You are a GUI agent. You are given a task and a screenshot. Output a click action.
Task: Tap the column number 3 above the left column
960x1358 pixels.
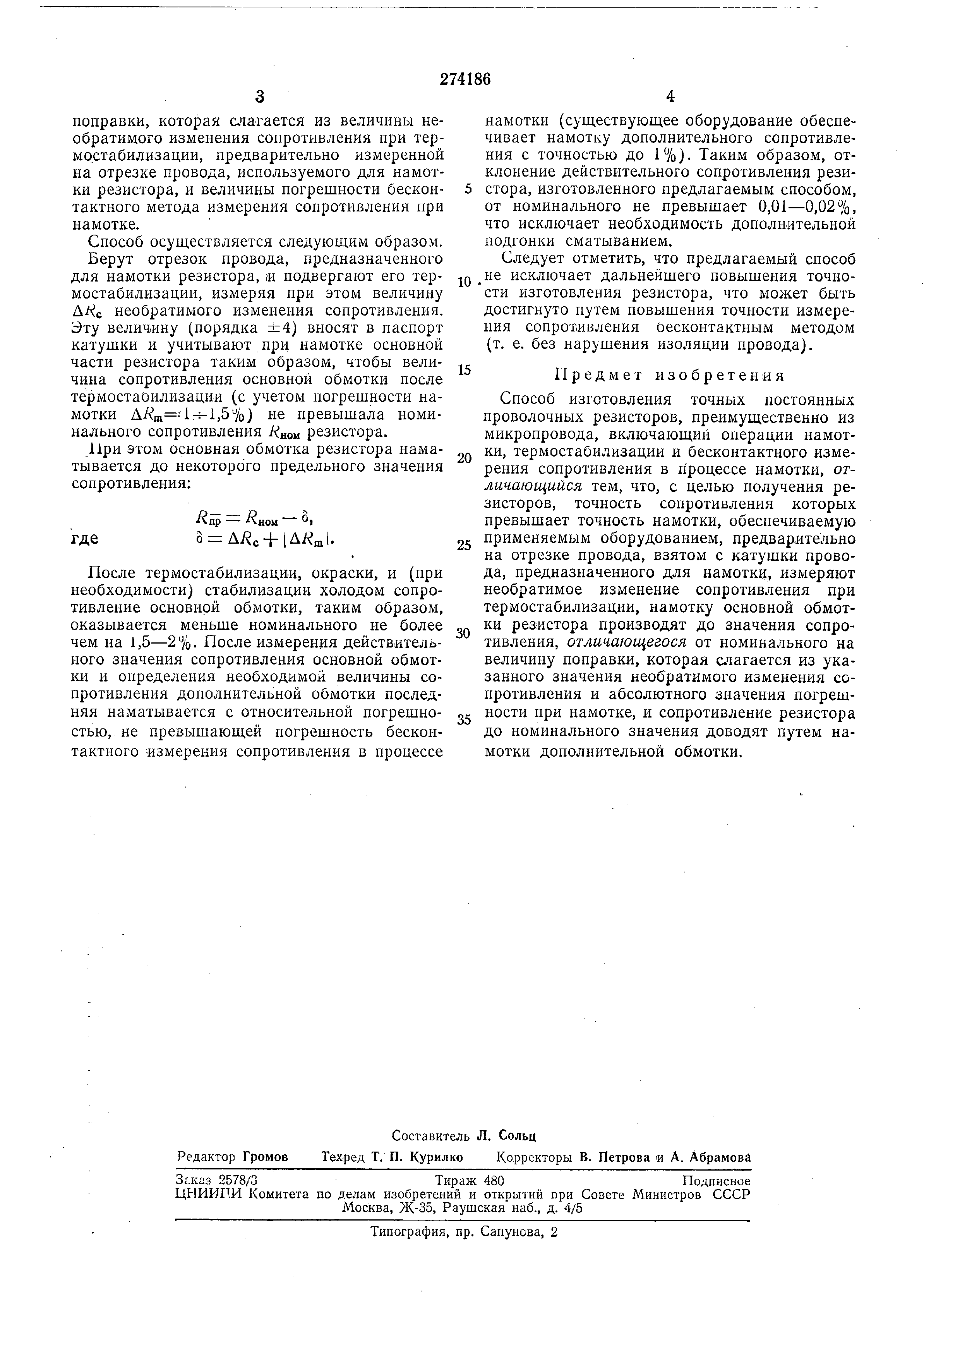coord(259,97)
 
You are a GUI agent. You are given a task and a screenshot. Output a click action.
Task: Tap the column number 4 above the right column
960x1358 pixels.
coord(669,96)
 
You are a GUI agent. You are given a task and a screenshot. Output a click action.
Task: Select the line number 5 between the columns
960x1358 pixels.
coord(468,189)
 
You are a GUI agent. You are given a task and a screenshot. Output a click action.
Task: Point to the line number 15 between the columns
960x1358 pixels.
coord(465,370)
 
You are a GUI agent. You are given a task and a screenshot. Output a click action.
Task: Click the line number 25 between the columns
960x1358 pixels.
coord(464,545)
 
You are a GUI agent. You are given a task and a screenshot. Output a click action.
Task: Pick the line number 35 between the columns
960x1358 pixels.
coord(464,720)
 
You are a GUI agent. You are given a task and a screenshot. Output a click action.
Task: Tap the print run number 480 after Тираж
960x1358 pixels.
coord(493,1181)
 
